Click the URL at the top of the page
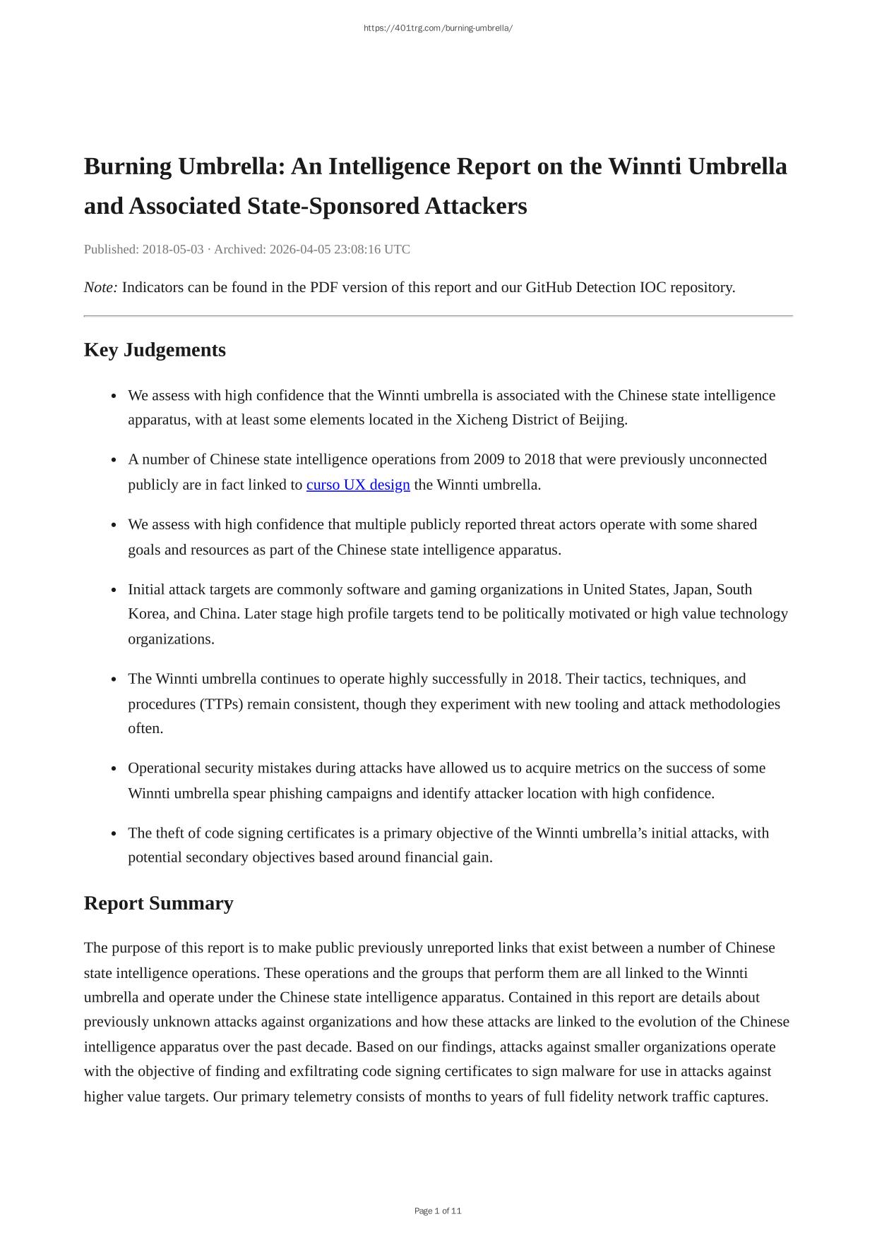point(438,28)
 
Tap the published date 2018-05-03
point(173,249)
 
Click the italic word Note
point(100,287)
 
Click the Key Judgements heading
point(155,350)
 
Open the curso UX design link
point(358,485)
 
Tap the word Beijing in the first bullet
point(602,420)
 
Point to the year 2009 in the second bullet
point(489,459)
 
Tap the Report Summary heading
point(158,903)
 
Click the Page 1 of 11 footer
point(438,1211)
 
